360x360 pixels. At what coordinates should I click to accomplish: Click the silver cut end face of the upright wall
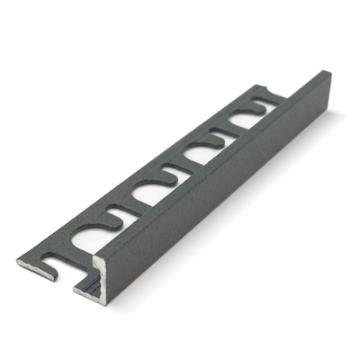97,274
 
